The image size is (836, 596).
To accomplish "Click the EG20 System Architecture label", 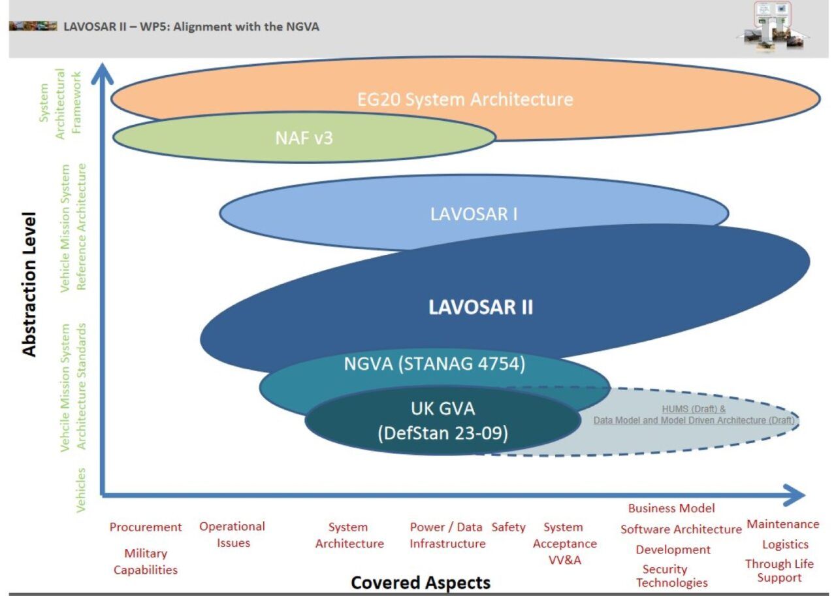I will tap(465, 99).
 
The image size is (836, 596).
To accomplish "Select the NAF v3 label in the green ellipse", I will tap(304, 137).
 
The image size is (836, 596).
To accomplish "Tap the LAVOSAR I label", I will tap(474, 214).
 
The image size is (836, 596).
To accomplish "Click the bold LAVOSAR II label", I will tap(480, 308).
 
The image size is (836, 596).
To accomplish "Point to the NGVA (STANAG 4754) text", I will tap(434, 364).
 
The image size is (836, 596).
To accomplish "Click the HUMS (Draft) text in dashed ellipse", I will tap(694, 409).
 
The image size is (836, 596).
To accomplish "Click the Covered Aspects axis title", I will tap(420, 582).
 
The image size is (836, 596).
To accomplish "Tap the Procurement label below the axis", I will tap(145, 527).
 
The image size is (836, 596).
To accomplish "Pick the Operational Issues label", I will tap(233, 535).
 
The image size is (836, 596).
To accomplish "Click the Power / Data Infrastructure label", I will tap(447, 535).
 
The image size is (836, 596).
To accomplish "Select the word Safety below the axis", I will tap(508, 527).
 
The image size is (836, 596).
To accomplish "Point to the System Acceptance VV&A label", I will tap(564, 543).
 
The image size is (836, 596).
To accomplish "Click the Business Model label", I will tap(671, 508).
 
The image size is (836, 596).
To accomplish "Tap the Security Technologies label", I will tap(671, 576).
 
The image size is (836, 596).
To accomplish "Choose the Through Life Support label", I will tap(779, 571).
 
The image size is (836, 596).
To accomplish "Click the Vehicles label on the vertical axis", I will tap(81, 489).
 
